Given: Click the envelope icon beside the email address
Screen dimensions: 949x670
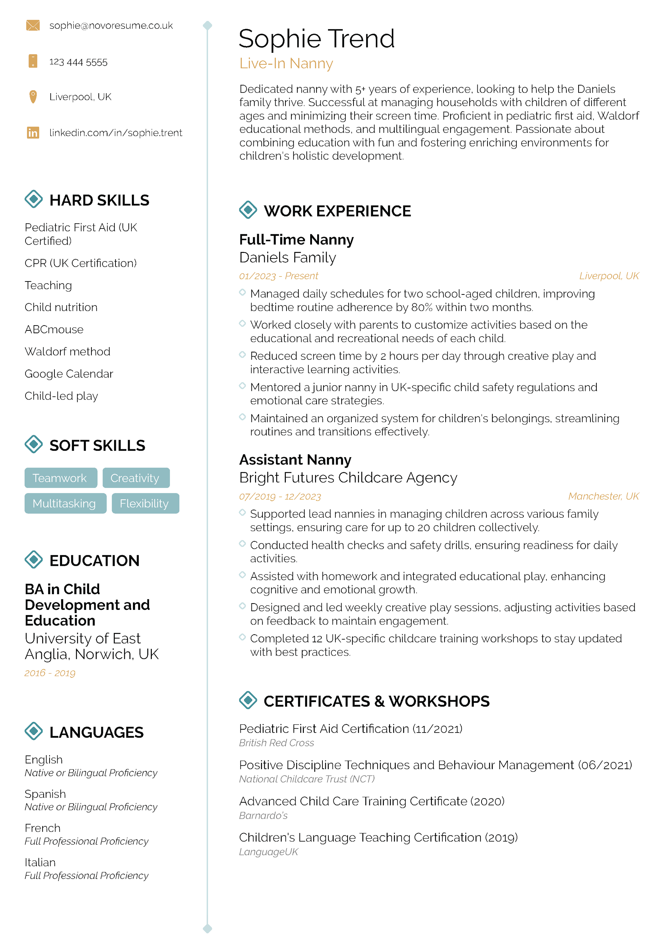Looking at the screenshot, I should [33, 25].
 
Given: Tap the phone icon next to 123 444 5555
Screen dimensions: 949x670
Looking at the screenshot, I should [33, 61].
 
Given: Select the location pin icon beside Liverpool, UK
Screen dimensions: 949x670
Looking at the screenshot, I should [33, 97].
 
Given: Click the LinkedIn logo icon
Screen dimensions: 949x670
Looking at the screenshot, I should [33, 133].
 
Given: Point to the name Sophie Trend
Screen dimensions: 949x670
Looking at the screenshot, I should [317, 39].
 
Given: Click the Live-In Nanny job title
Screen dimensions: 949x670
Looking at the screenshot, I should [286, 64].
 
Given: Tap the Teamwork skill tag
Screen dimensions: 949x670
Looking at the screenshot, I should [60, 478].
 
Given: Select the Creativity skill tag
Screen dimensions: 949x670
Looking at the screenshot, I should [135, 478].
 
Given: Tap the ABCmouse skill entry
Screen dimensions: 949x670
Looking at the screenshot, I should [54, 329].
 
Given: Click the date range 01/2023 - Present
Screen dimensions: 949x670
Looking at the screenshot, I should [278, 276].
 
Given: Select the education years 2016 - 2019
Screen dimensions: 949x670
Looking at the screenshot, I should [50, 673].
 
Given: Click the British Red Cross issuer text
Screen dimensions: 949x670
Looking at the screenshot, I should [276, 743].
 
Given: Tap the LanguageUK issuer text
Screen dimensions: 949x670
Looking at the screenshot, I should [268, 852].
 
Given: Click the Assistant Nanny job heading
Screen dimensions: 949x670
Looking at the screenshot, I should [295, 460].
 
